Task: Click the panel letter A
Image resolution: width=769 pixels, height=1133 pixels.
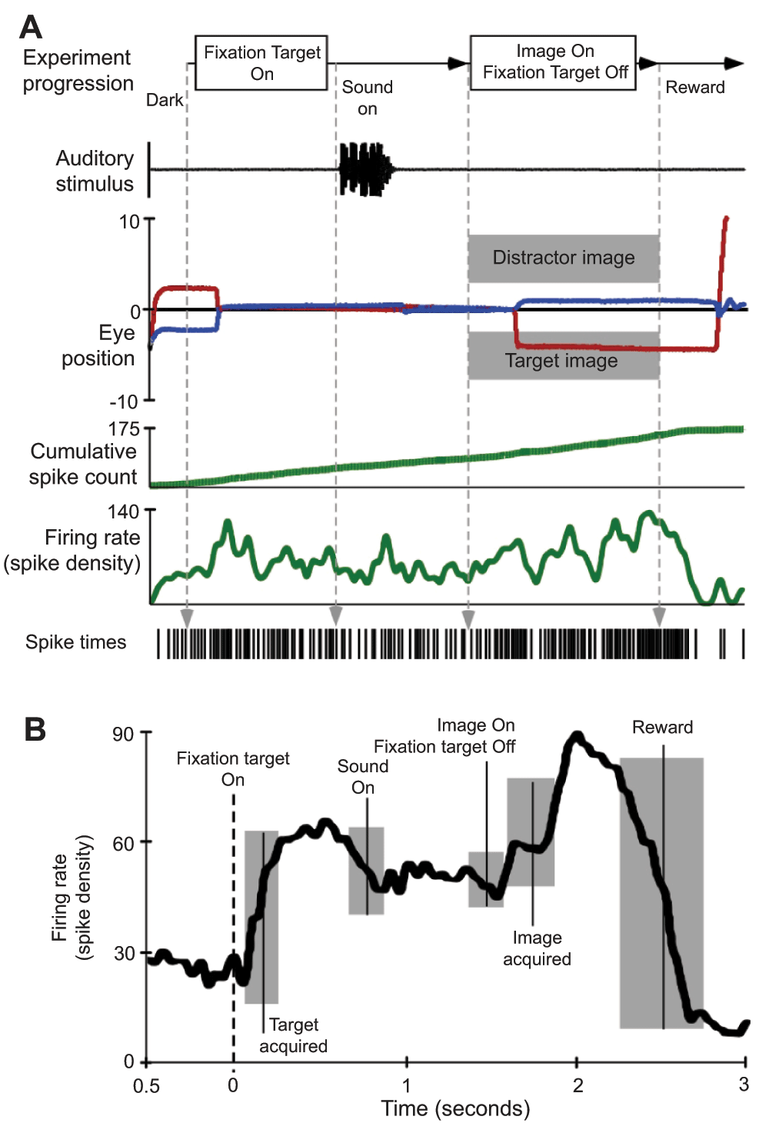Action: pyautogui.click(x=31, y=27)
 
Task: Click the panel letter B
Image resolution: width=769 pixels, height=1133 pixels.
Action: pyautogui.click(x=35, y=728)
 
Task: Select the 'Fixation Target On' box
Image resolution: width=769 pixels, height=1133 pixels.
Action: pyautogui.click(x=261, y=63)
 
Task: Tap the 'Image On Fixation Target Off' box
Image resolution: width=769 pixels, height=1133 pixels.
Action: pyautogui.click(x=554, y=62)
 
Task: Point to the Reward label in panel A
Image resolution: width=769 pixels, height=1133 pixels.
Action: pyautogui.click(x=694, y=88)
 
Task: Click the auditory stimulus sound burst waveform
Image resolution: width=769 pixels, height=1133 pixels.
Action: pyautogui.click(x=364, y=168)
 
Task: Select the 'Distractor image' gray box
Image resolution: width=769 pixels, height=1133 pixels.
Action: pyautogui.click(x=563, y=258)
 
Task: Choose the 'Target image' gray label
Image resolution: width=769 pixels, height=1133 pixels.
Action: pyautogui.click(x=561, y=361)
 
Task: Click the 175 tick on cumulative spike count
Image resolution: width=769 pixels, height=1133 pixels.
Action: pyautogui.click(x=124, y=428)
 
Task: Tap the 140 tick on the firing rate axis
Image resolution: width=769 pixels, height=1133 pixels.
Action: pyautogui.click(x=124, y=512)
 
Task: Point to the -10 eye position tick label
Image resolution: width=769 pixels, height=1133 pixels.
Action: pyautogui.click(x=123, y=402)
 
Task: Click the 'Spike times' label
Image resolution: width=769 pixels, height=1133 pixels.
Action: pyautogui.click(x=75, y=642)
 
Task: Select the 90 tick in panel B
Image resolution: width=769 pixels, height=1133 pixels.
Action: pyautogui.click(x=123, y=734)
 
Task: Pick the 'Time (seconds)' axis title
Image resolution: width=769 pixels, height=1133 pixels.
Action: pyautogui.click(x=455, y=1108)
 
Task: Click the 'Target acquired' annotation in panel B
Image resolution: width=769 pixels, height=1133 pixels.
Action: pyautogui.click(x=293, y=1035)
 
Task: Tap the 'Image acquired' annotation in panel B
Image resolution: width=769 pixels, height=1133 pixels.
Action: pyautogui.click(x=537, y=948)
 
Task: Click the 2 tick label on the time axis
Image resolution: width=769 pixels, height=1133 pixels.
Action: pyautogui.click(x=578, y=1085)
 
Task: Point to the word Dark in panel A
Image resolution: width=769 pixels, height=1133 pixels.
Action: pyautogui.click(x=165, y=100)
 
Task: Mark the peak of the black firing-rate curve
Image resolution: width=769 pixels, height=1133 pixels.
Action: pyautogui.click(x=576, y=737)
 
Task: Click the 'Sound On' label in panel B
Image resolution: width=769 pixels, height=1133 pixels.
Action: pyautogui.click(x=363, y=777)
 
